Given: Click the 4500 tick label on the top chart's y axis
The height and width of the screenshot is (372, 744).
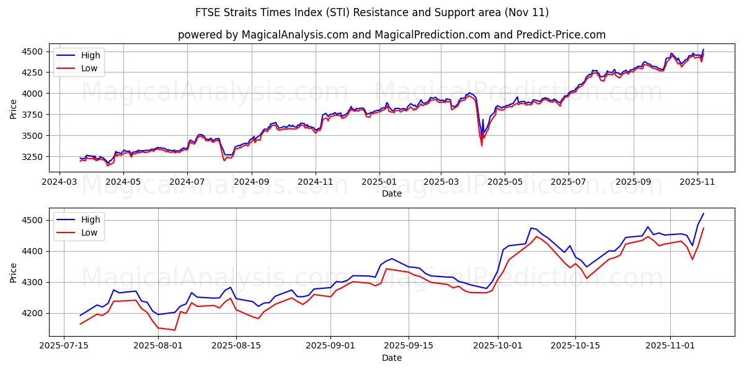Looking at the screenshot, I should [32, 51].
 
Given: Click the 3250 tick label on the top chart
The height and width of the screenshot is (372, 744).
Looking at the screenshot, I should [32, 157].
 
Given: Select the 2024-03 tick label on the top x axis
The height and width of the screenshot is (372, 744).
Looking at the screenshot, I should [59, 182].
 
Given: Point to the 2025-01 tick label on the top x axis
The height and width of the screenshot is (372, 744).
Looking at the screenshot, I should [379, 182].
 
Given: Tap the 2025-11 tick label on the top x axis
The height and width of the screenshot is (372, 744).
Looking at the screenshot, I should [697, 182].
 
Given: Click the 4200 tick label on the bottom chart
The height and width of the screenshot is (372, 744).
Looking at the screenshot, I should [32, 313].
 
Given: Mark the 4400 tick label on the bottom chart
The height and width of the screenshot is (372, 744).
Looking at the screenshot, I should [32, 251].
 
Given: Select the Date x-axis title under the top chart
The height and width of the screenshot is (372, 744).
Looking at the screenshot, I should [391, 193].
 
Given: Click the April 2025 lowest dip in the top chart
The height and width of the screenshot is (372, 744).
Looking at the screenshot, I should [482, 146].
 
